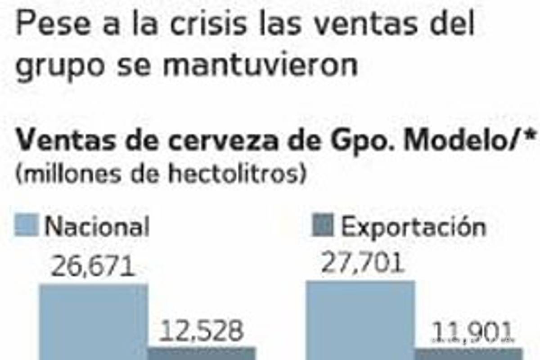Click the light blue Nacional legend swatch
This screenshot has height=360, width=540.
[x=27, y=225]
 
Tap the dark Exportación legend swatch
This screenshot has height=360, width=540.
[x=322, y=225]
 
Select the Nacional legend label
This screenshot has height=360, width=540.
[x=97, y=226]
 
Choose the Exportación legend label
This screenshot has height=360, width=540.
[x=414, y=227]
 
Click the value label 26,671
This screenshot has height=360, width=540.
[x=93, y=267]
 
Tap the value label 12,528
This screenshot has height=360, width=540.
[x=202, y=331]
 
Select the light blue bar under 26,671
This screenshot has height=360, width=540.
[x=94, y=322]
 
